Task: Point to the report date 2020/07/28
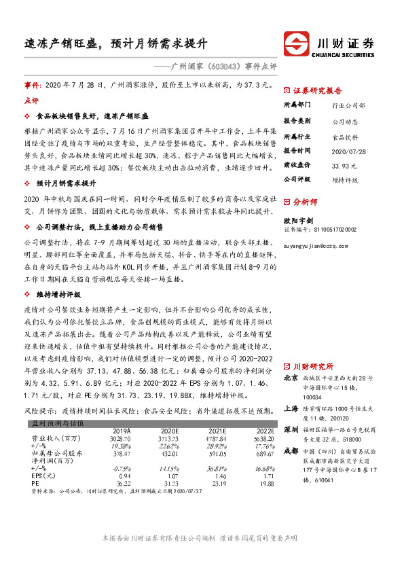coord(348,150)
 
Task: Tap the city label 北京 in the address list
coord(290,378)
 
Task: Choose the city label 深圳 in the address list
coord(290,429)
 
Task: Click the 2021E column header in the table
coord(217,431)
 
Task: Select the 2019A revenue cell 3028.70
coord(122,440)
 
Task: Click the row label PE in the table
coord(38,484)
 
